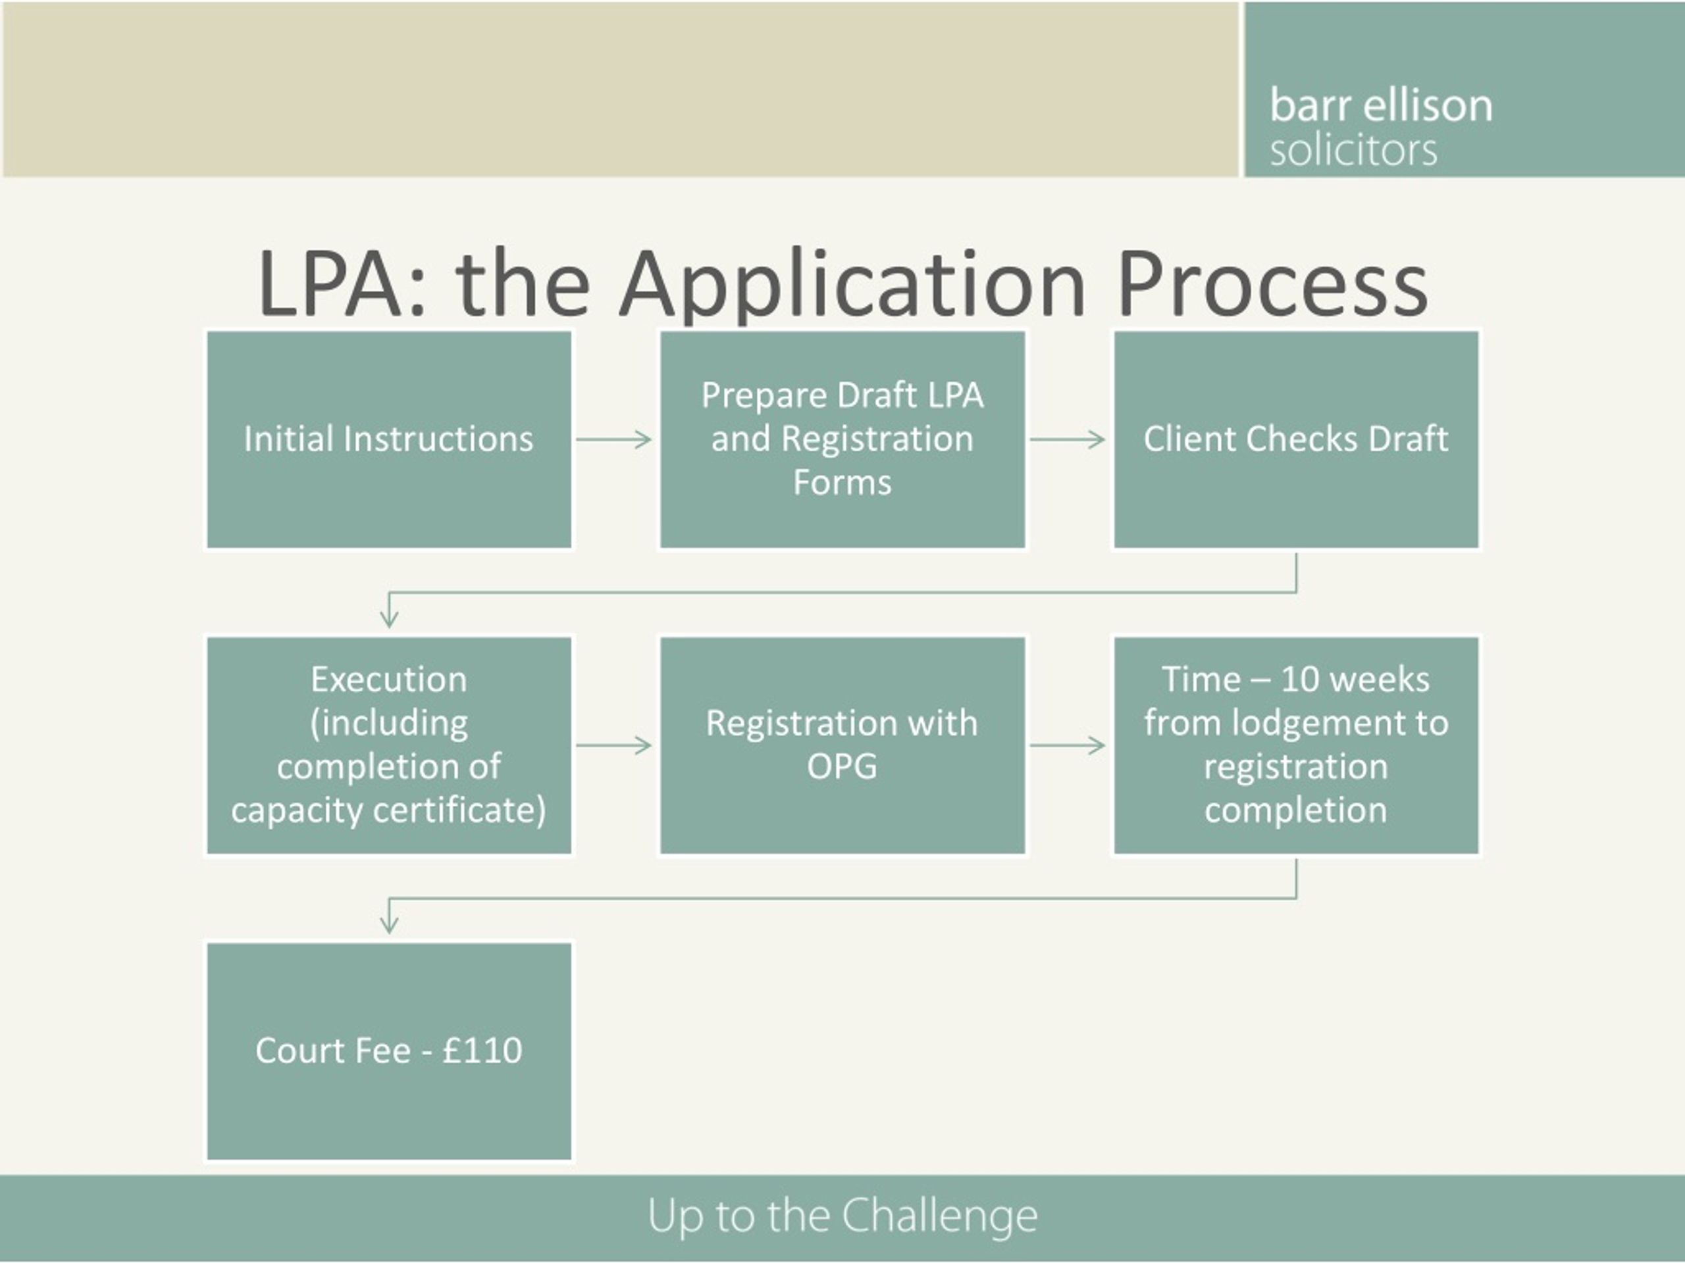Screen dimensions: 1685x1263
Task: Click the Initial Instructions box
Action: click(x=388, y=439)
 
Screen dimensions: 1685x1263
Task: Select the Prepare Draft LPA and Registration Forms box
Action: click(x=842, y=439)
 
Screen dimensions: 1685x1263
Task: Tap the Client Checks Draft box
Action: click(x=1296, y=439)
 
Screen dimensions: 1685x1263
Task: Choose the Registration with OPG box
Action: click(x=842, y=745)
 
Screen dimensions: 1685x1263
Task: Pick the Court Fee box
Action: click(x=388, y=1051)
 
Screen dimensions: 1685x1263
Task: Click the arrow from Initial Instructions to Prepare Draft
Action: click(x=613, y=439)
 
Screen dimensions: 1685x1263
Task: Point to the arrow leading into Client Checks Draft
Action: click(x=1067, y=439)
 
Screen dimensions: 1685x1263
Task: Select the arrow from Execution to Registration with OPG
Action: click(x=613, y=745)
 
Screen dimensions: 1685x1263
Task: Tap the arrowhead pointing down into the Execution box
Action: click(x=388, y=618)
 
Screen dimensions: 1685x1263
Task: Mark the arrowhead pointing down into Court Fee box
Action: click(x=388, y=924)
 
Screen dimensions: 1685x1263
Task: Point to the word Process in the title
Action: click(x=1273, y=284)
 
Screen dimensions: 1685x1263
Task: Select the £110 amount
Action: click(x=482, y=1051)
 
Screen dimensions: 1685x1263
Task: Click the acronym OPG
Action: click(x=842, y=766)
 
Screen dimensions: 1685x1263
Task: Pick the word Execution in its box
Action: click(x=388, y=679)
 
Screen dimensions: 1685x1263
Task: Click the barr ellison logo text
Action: click(x=1381, y=105)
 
